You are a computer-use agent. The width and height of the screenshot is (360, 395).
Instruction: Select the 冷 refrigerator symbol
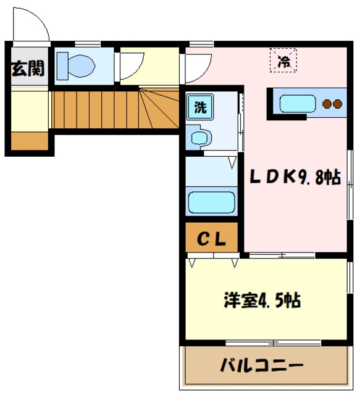pos(283,60)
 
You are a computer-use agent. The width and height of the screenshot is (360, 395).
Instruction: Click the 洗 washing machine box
pos(201,106)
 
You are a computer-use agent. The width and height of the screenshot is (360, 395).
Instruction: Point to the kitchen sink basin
pos(298,103)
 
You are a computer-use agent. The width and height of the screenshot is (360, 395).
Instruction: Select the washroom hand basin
pos(199,137)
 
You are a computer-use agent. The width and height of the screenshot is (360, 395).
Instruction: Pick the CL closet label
pos(211,238)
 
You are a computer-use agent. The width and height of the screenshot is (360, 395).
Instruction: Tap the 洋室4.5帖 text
pos(262,301)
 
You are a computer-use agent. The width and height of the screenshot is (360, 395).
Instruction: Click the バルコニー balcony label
pos(262,365)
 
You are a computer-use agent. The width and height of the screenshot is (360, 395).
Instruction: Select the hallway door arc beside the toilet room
pos(131,65)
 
